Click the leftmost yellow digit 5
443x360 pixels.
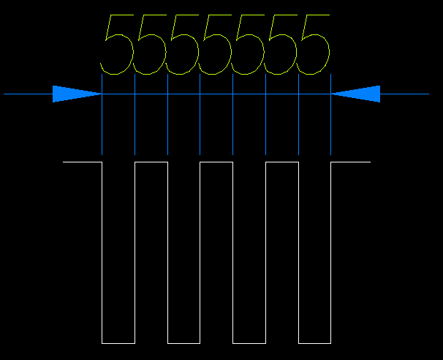click(117, 45)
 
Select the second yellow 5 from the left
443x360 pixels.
click(149, 45)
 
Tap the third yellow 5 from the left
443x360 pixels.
click(182, 45)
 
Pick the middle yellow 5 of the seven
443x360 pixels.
click(215, 45)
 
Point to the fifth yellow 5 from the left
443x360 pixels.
click(248, 45)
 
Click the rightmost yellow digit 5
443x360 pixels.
click(313, 45)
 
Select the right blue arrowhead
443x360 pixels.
click(358, 94)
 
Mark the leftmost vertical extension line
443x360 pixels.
click(102, 124)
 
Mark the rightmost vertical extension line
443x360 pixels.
click(331, 124)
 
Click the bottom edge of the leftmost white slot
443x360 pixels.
click(118, 342)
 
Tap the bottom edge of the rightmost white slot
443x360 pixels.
click(314, 342)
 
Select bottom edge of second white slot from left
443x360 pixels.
click(183, 342)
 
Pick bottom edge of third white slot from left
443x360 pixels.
click(249, 342)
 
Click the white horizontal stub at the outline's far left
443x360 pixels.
click(82, 162)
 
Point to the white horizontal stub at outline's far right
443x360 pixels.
click(351, 162)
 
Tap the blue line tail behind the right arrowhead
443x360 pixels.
click(405, 94)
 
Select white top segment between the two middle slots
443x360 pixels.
click(216, 162)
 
